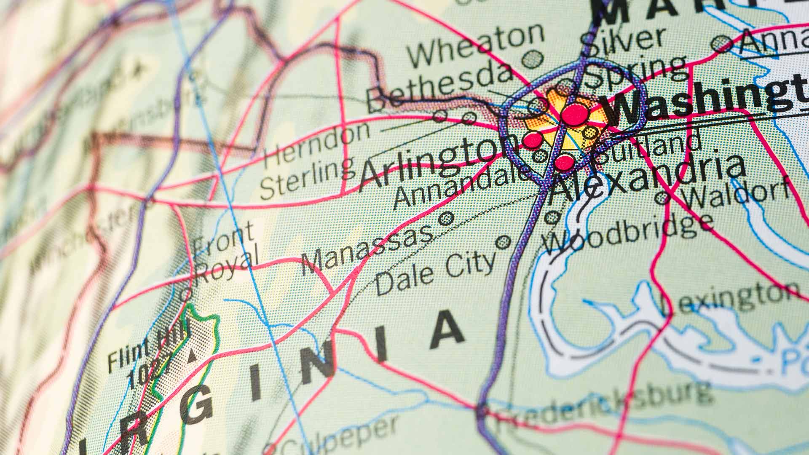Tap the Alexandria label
tap(645, 177)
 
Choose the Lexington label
tap(729, 299)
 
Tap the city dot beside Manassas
tap(446, 218)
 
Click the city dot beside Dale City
tap(503, 242)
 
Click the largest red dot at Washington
tap(574, 114)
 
